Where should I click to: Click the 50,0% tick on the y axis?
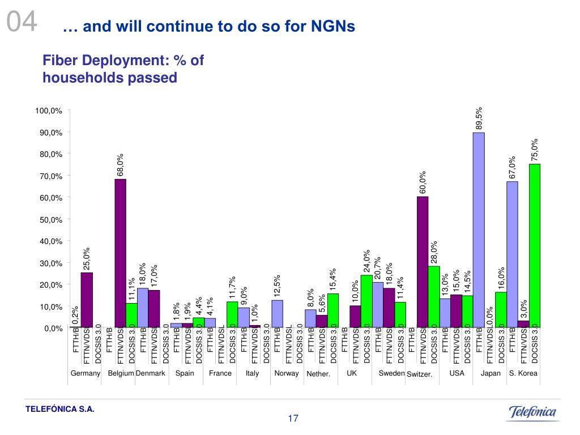point(50,219)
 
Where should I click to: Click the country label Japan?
point(491,373)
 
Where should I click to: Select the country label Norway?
point(286,373)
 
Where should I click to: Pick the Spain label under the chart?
point(185,373)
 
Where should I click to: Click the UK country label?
point(352,373)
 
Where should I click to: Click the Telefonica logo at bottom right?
point(532,412)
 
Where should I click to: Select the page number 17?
point(293,419)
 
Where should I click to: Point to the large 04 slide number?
point(22,24)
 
